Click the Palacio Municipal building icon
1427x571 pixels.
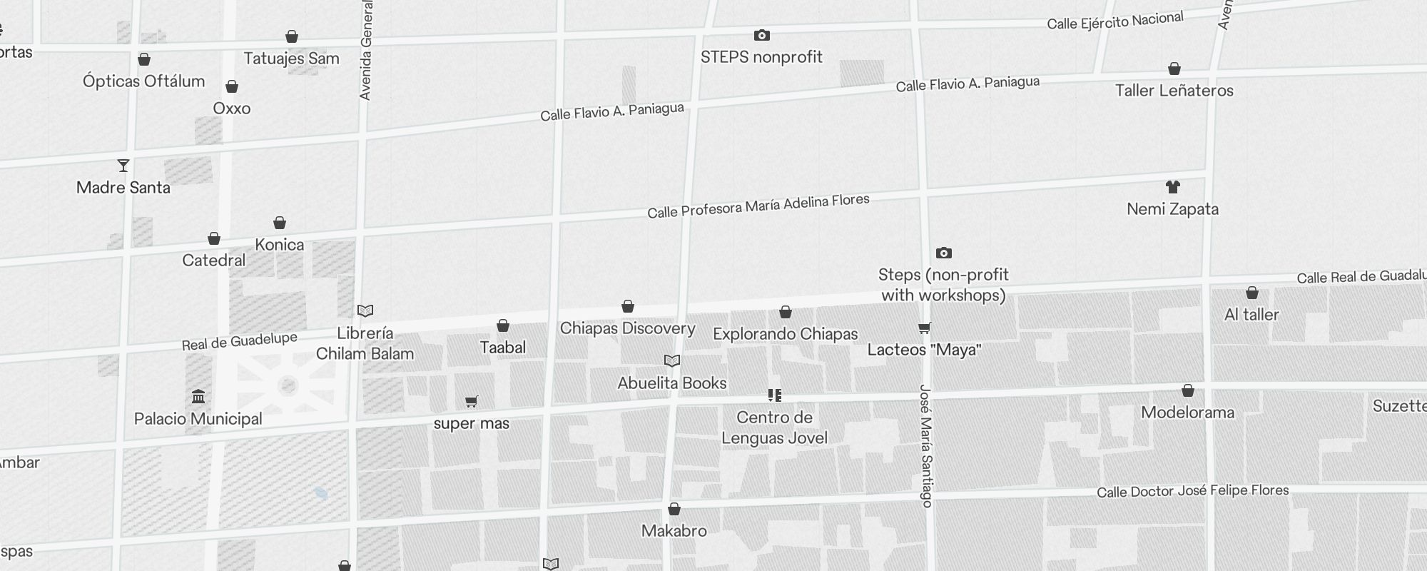coord(198,396)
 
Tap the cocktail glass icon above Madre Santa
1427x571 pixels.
coord(123,166)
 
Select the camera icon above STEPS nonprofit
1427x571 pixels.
coord(761,35)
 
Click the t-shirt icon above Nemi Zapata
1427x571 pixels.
coord(1173,187)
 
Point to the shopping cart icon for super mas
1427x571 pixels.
coord(471,401)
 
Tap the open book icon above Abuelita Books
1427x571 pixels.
coord(672,360)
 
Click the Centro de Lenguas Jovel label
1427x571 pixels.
coord(774,428)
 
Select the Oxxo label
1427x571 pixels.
coord(232,108)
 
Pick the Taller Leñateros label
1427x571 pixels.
coord(1174,91)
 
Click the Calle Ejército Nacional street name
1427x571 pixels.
coord(1114,21)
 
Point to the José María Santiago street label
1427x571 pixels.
coord(925,446)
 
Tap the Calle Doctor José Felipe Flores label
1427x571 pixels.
coord(1192,491)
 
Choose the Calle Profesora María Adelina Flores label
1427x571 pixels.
coord(758,206)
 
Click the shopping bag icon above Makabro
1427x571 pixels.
coord(674,509)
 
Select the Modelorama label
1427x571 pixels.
coord(1187,413)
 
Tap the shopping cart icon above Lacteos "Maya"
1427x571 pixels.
coord(924,328)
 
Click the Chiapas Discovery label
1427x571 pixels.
coord(627,328)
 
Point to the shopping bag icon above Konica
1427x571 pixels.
coord(280,223)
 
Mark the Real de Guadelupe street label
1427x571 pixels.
coord(239,342)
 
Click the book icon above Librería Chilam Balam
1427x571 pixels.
coord(365,310)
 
